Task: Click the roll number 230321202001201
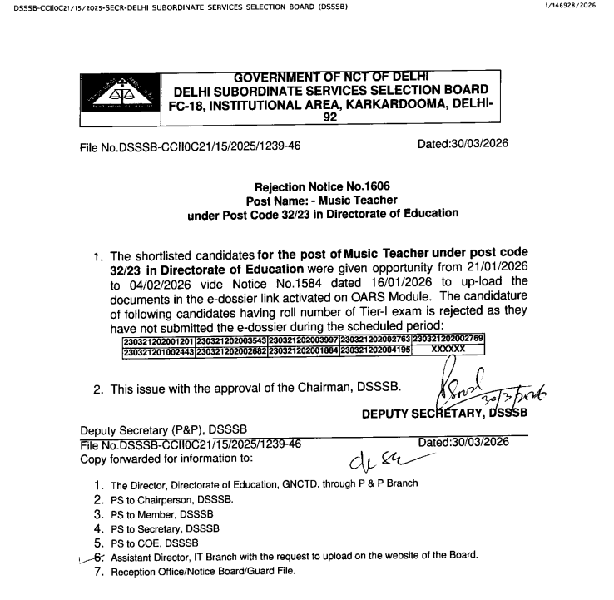(x=158, y=340)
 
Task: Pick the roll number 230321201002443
(x=158, y=350)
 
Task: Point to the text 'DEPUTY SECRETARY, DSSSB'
(x=443, y=414)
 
